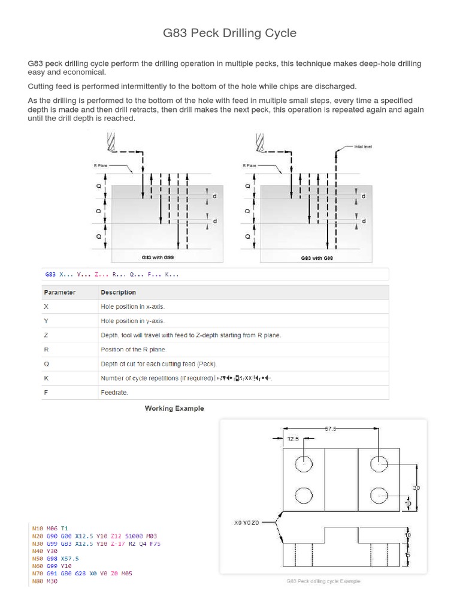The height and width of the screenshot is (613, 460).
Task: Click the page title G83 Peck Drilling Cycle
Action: tap(230, 33)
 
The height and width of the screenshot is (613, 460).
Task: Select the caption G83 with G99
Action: tap(158, 257)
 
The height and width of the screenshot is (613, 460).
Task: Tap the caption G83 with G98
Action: tap(317, 258)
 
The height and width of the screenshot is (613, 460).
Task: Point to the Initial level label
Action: tap(363, 146)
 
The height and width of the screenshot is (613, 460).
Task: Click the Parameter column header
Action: tap(59, 292)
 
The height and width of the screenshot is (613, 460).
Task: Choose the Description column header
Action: tap(118, 292)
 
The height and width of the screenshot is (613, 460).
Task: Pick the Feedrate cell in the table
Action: tap(114, 393)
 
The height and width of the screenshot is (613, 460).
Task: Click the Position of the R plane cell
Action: tap(134, 349)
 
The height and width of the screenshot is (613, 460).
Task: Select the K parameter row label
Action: tap(47, 378)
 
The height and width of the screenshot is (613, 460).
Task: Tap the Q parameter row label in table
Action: tap(47, 363)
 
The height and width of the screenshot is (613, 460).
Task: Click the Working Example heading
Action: tap(174, 408)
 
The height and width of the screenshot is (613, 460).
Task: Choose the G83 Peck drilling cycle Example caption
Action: tap(323, 581)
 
